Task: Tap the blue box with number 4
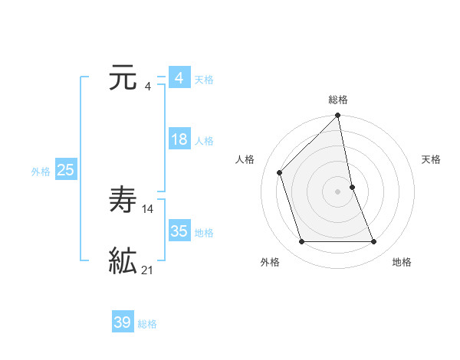pos(179,79)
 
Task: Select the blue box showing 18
pos(179,140)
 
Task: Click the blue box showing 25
pos(65,171)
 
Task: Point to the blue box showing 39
pos(122,323)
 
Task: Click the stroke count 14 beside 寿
pos(148,208)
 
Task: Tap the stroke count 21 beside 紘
pos(148,270)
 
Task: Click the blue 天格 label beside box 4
pos(204,80)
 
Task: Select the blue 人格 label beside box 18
pos(204,141)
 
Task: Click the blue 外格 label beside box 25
pos(41,172)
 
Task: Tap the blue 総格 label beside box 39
pos(147,324)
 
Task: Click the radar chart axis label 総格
pos(338,100)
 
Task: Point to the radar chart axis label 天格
pos(431,159)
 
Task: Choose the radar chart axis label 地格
pos(402,262)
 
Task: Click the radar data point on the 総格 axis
pos(338,116)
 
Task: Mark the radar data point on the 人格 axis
pos(280,172)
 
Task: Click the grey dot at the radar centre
pos(338,191)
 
